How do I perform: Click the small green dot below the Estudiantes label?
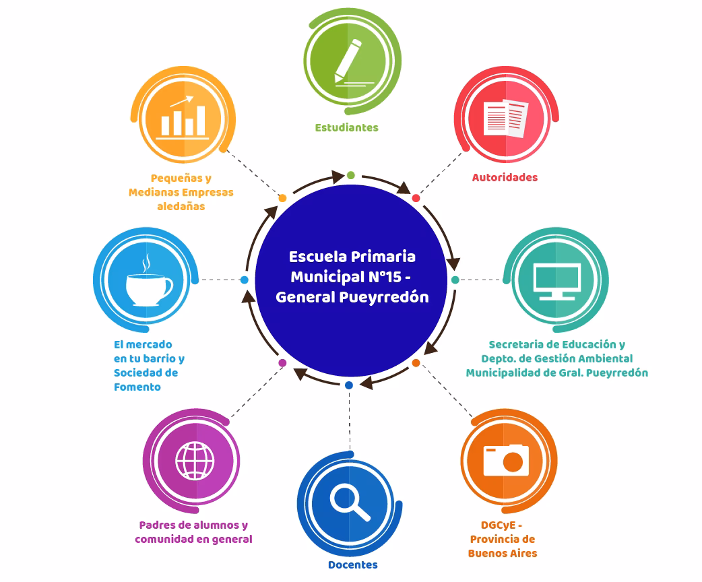[x=350, y=175]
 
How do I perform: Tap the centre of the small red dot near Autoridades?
[x=416, y=198]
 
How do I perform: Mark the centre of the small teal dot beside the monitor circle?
[x=455, y=280]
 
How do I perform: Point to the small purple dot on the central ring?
[x=282, y=362]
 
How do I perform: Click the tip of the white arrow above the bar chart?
[x=193, y=97]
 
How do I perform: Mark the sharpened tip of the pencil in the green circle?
[x=336, y=83]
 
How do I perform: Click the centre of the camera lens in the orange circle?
[x=513, y=462]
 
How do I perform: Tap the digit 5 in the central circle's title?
[x=396, y=277]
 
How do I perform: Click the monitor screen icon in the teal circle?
[x=557, y=282]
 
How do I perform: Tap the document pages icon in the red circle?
[x=506, y=118]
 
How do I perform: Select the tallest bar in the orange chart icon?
[x=201, y=121]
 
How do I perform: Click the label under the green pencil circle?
[x=346, y=127]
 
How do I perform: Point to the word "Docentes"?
[x=353, y=565]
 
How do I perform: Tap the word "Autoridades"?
[x=505, y=177]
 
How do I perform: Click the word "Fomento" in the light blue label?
[x=137, y=387]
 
